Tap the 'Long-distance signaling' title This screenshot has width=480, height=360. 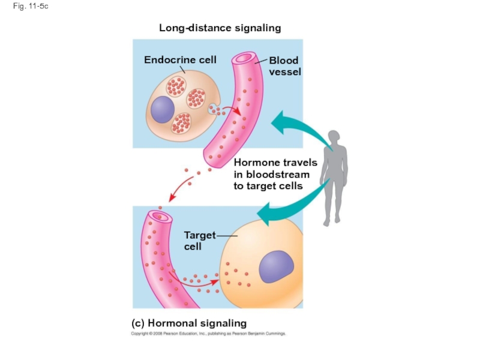pos(220,28)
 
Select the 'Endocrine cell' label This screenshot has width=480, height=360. pos(180,60)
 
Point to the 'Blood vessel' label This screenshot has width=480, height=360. pos(284,66)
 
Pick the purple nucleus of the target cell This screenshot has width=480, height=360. pos(275,264)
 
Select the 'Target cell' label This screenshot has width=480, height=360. pos(199,241)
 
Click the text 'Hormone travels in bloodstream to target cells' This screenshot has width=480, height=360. pos(275,174)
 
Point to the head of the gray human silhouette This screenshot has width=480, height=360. pos(334,137)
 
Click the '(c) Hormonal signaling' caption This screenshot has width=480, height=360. pos(189,323)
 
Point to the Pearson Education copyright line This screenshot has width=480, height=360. pos(209,334)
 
